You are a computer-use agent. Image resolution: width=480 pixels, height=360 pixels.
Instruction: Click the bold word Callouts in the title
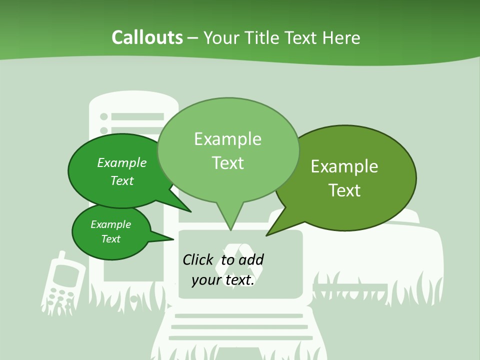tap(147, 37)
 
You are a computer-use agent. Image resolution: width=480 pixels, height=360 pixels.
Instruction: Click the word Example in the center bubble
tap(228, 139)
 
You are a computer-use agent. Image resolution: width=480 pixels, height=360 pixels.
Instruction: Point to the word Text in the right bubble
tap(344, 190)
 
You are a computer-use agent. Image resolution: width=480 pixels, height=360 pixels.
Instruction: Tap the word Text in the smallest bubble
tap(111, 239)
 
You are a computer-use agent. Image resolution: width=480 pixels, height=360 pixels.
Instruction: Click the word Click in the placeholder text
tap(197, 260)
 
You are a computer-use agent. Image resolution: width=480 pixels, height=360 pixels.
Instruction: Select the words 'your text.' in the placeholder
tap(223, 280)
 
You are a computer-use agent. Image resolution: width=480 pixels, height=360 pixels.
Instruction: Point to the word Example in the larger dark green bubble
tap(122, 163)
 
